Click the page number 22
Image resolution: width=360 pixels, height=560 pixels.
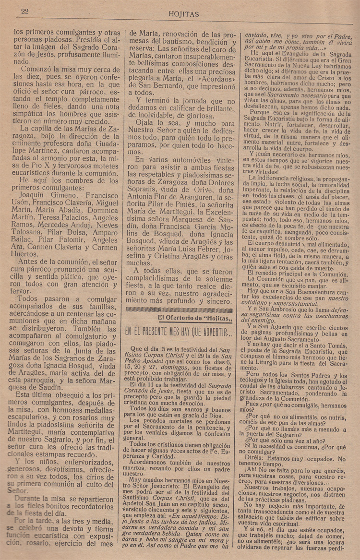[24, 12]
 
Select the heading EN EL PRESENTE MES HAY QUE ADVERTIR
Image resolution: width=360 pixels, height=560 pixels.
[178, 332]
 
